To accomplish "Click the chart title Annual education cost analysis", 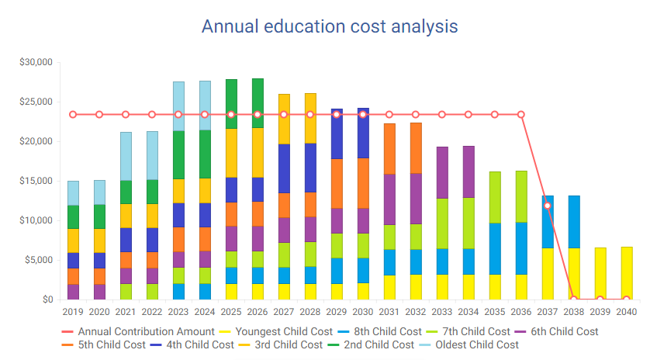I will [329, 26].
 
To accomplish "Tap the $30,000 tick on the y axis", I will [36, 62].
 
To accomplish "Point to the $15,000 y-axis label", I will [36, 181].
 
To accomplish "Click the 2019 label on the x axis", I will [73, 312].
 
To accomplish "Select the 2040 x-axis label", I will [626, 312].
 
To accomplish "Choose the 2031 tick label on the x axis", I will [389, 312].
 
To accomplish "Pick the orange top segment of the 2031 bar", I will [389, 148].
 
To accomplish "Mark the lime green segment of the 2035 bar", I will [495, 197].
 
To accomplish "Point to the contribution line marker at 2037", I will [548, 206].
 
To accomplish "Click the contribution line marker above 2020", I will [99, 115].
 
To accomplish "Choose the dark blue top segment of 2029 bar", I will [337, 133].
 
